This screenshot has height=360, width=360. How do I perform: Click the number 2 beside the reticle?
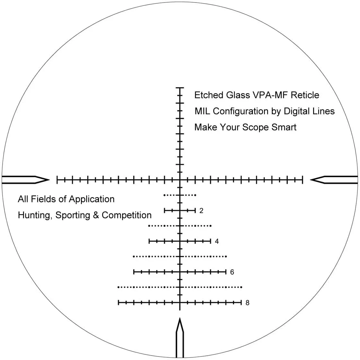201,211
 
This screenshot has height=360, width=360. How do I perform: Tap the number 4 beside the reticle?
217,241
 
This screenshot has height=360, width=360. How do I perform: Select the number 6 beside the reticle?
232,272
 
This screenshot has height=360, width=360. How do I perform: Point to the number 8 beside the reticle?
247,303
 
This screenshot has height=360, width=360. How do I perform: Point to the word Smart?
284,127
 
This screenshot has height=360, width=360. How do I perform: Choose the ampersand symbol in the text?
96,215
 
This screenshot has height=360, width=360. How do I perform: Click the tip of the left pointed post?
49,180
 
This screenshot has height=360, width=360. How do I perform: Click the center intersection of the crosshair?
180,180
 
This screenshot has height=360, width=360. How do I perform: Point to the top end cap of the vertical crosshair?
180,87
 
